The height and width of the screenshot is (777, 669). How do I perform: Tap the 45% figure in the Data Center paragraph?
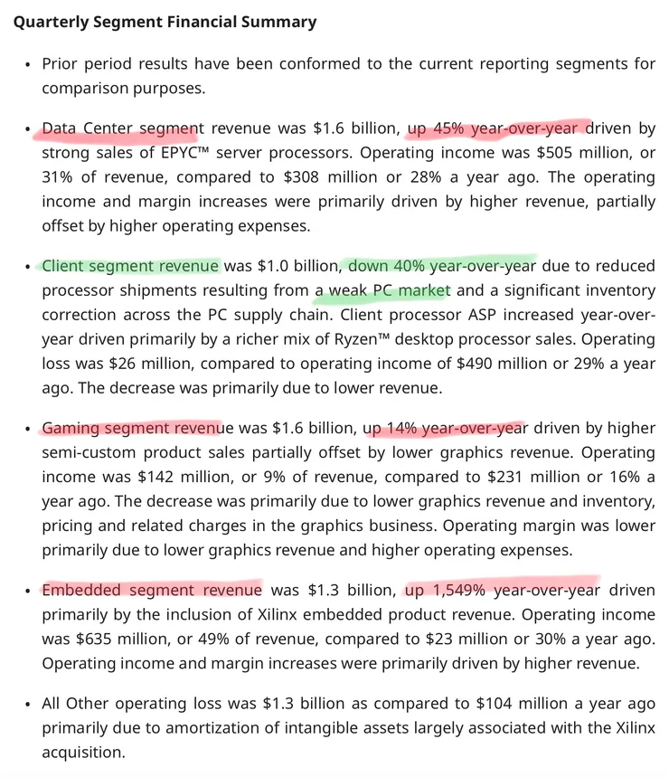point(449,128)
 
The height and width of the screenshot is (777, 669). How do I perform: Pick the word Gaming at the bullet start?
point(71,428)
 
